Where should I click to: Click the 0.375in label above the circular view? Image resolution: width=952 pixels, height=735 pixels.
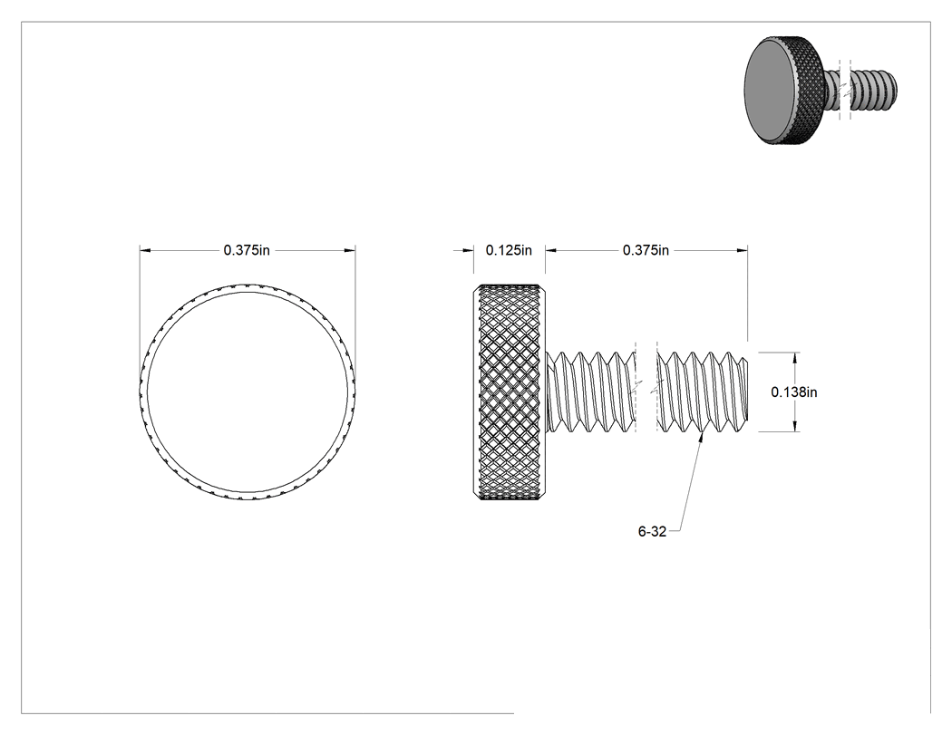pos(247,250)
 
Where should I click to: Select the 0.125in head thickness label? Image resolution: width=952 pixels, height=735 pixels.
pos(509,250)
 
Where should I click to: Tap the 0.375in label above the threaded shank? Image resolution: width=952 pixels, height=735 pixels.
pos(646,250)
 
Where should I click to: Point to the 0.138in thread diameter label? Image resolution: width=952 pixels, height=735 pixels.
pos(794,392)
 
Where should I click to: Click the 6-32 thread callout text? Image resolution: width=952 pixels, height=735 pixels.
pos(652,532)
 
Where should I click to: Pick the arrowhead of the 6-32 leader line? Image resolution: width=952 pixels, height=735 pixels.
pos(703,437)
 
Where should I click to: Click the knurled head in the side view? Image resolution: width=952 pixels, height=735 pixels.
pos(509,392)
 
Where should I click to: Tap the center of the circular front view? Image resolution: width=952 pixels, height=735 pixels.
pos(248,392)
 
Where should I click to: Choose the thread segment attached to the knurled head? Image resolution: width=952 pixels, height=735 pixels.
pos(591,392)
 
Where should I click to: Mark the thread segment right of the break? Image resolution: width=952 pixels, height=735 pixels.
pos(703,392)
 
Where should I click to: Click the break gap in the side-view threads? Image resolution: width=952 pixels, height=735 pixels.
pos(646,392)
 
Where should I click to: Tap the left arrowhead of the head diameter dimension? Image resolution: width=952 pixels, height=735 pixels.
pos(145,249)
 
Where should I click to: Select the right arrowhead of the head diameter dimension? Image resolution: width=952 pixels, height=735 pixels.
pos(350,249)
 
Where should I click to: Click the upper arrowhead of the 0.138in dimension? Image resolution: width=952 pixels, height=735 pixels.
pos(795,357)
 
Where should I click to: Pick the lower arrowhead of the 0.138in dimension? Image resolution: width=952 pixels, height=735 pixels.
pos(795,427)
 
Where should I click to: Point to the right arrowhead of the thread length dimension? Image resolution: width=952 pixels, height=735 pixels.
pos(742,249)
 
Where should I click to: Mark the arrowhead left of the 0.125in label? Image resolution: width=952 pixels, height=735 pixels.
pos(468,249)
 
